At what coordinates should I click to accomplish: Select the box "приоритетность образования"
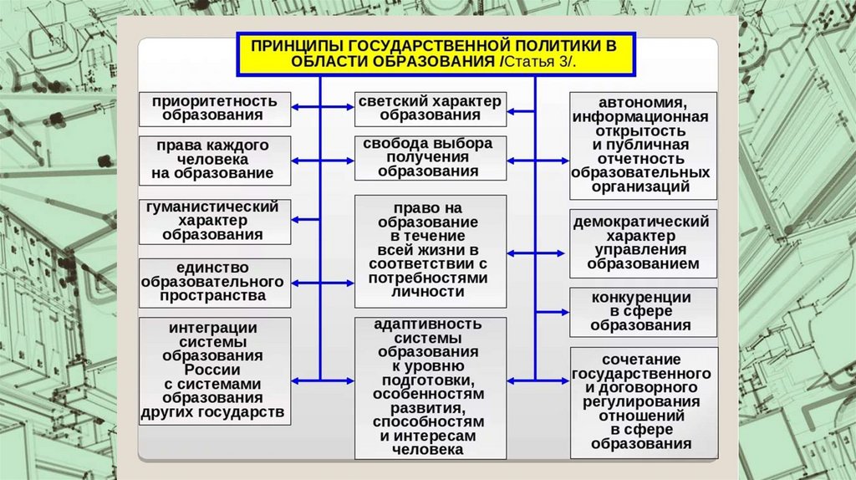pyautogui.click(x=215, y=109)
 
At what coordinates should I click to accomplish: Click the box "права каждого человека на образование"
pyautogui.click(x=215, y=160)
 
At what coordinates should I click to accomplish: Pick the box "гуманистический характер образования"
pyautogui.click(x=215, y=220)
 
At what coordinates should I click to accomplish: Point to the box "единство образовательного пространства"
pyautogui.click(x=215, y=282)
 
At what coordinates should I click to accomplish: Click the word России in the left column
pyautogui.click(x=214, y=370)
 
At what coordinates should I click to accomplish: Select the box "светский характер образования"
pyautogui.click(x=430, y=109)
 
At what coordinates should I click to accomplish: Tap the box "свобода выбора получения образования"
pyautogui.click(x=430, y=157)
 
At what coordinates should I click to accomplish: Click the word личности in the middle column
pyautogui.click(x=430, y=292)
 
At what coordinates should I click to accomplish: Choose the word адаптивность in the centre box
pyautogui.click(x=430, y=324)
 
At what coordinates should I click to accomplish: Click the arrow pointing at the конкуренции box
pyautogui.click(x=553, y=312)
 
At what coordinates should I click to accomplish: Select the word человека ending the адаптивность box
pyautogui.click(x=430, y=449)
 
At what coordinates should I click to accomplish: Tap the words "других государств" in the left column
pyautogui.click(x=214, y=412)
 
